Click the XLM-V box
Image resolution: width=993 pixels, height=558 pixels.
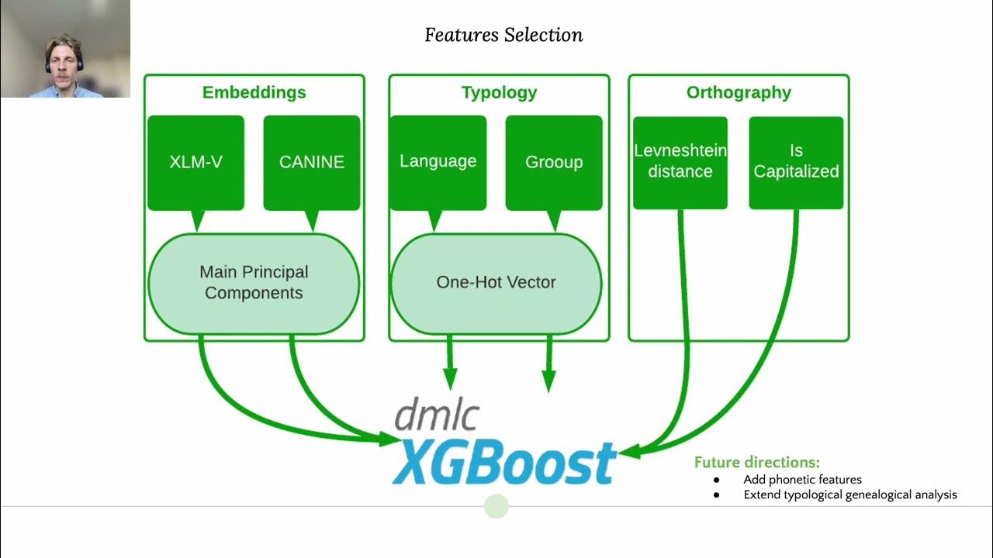[x=195, y=163]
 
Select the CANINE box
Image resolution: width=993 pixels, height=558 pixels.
[x=311, y=163]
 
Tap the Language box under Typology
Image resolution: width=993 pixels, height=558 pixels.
[x=438, y=162]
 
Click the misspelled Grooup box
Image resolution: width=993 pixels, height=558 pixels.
[x=553, y=163]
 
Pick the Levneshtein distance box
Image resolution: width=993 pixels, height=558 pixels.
[x=680, y=162]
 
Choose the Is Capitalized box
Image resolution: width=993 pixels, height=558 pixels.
[x=796, y=162]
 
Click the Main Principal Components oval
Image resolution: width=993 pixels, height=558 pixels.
[x=254, y=282]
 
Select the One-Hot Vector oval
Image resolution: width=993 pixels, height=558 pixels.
[x=496, y=282]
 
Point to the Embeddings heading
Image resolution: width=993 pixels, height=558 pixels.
[x=254, y=92]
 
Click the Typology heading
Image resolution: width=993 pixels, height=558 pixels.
[x=499, y=92]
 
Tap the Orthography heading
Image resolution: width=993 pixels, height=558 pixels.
[x=739, y=92]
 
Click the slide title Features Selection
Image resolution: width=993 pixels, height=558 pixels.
[x=503, y=35]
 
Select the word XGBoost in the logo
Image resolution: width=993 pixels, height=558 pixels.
[x=504, y=463]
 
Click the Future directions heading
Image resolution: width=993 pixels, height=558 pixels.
[x=756, y=463]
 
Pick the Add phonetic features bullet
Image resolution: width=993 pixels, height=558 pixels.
[x=802, y=479]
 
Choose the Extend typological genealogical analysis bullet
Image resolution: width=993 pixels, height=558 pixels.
[x=849, y=494]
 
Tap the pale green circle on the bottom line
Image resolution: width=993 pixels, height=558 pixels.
[x=496, y=507]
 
